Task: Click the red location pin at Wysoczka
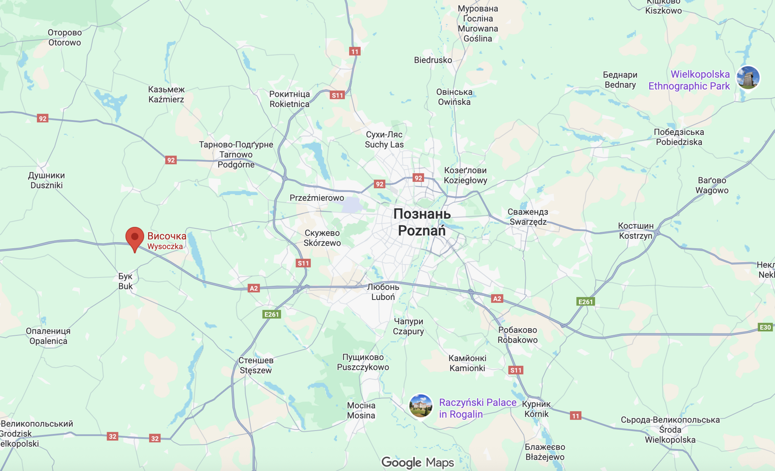click(134, 237)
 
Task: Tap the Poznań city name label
click(422, 223)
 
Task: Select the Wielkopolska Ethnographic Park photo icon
click(747, 78)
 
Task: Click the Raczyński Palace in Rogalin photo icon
click(420, 406)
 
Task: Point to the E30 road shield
click(765, 327)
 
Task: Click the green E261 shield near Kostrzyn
click(585, 302)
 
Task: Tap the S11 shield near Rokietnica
click(337, 95)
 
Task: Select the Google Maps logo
click(417, 462)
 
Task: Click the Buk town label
click(125, 281)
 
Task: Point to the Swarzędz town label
click(528, 217)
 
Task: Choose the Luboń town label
click(383, 292)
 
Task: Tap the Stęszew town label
click(256, 365)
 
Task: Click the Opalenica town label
click(48, 336)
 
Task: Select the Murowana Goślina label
click(478, 24)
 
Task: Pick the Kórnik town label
click(536, 409)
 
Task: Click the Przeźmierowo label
click(317, 198)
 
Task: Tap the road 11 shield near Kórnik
click(575, 416)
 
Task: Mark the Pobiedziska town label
click(679, 137)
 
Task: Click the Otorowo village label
click(65, 38)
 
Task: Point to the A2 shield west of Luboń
click(253, 288)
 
